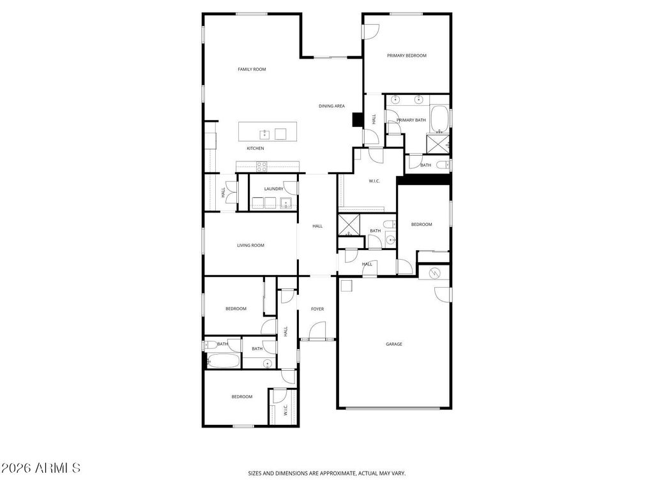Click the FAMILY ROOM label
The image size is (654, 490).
(x=252, y=69)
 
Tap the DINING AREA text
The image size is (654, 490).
(x=331, y=106)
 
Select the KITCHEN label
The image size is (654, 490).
(x=255, y=149)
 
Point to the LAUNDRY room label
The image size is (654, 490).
(x=273, y=189)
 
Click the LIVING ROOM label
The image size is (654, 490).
(x=250, y=245)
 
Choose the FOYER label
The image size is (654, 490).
(x=317, y=309)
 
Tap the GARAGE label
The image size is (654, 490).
(x=393, y=344)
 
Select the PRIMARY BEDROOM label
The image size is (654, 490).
(x=406, y=56)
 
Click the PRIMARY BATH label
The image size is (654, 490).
(x=411, y=120)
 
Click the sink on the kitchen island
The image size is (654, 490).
(x=263, y=133)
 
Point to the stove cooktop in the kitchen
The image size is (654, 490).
(x=261, y=166)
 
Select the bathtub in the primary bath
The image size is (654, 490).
(x=439, y=118)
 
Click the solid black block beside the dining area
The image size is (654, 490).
(x=357, y=120)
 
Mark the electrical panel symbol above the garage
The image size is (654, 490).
(x=434, y=272)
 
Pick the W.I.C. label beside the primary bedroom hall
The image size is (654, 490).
(x=374, y=181)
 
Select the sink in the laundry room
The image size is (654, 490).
(x=285, y=204)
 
